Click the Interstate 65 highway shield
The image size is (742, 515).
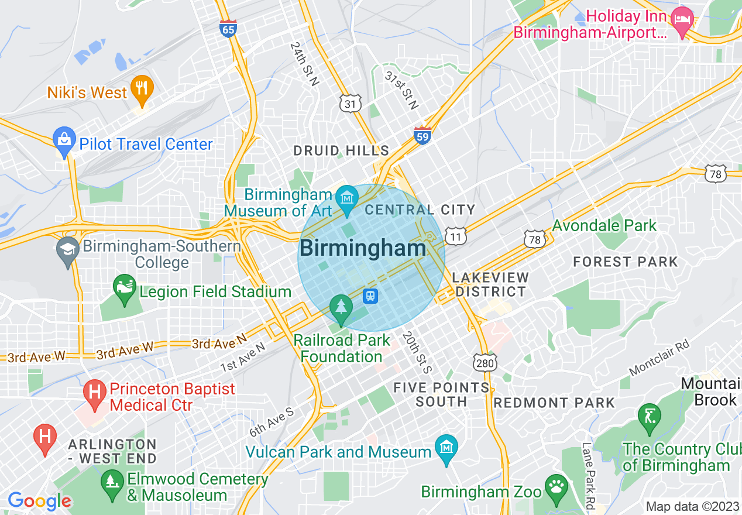228,29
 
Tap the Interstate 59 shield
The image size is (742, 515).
422,135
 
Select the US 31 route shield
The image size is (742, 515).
350,104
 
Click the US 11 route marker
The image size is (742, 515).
455,236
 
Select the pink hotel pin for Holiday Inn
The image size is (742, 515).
682,20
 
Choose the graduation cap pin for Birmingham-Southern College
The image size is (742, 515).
68,250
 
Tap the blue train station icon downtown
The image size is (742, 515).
370,296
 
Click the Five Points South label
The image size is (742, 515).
441,394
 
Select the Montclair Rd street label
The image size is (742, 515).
659,358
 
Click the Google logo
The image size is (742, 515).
39,501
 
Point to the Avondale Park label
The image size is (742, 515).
604,225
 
